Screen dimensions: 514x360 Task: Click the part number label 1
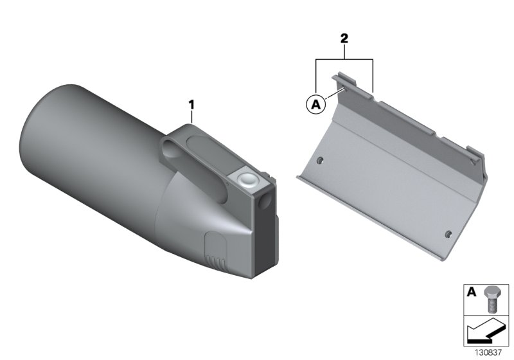pos(191,105)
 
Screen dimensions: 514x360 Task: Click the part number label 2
pos(344,39)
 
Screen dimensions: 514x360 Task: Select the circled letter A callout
pos(315,105)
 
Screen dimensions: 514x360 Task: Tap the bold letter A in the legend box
pos(471,291)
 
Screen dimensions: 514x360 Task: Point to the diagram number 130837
pos(488,353)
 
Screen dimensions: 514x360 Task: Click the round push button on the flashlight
pos(249,179)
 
